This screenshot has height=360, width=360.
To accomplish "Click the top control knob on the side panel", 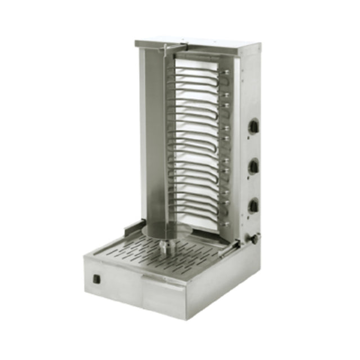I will pos(254,126).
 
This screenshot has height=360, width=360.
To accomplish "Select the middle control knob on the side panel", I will pos(254,166).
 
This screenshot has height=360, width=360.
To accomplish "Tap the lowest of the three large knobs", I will pos(254,205).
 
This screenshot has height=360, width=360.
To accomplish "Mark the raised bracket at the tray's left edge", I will pos(132,227).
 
